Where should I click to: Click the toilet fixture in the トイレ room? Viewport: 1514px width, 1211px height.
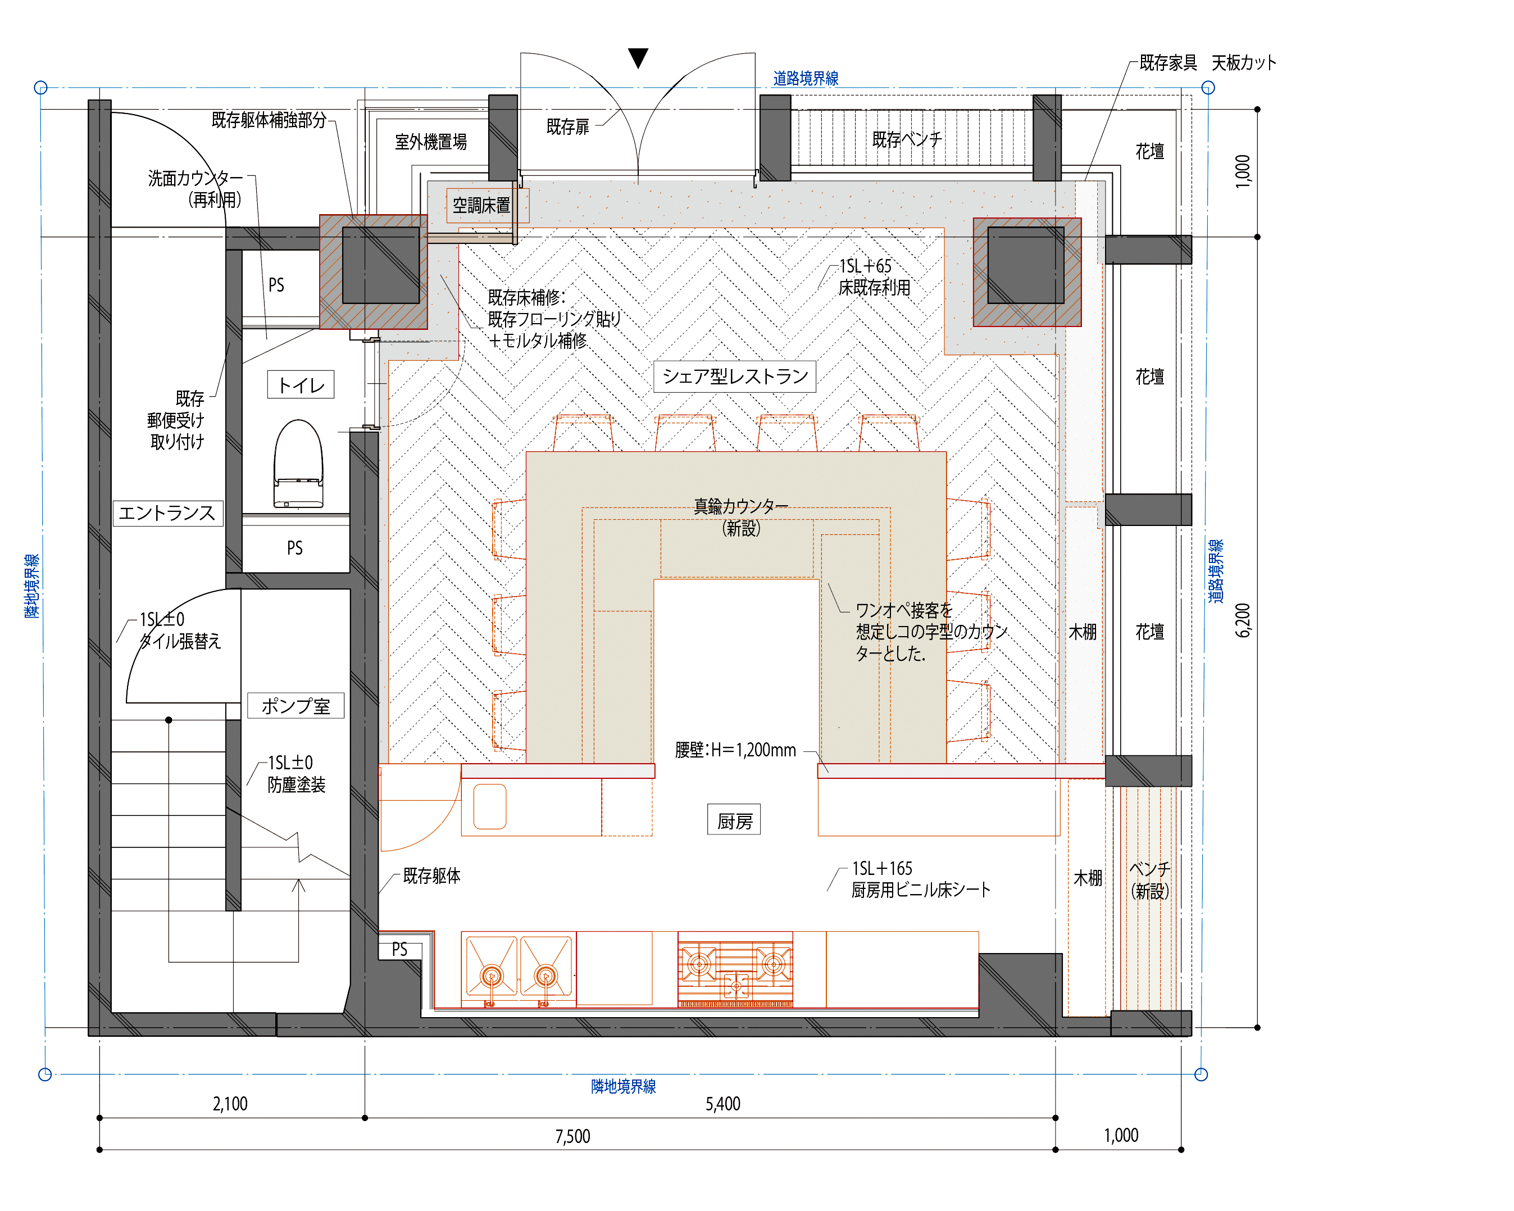(x=298, y=464)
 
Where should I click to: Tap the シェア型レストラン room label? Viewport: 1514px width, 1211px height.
(x=735, y=377)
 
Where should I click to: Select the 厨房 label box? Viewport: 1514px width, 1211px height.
(x=734, y=820)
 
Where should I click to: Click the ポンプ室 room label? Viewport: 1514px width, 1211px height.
(x=295, y=706)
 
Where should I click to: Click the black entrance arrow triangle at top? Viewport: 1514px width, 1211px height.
(x=638, y=57)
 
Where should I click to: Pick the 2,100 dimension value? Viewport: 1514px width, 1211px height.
(x=230, y=1104)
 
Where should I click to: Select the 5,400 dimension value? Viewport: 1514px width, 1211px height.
(x=722, y=1104)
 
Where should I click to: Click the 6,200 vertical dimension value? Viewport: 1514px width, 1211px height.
(x=1243, y=620)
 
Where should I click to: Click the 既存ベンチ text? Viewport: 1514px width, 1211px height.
(x=907, y=140)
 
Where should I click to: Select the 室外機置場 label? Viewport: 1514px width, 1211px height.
(x=430, y=142)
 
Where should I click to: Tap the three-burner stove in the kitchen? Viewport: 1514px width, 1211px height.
(x=735, y=969)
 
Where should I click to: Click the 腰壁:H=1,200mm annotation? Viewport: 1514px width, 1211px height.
(x=735, y=750)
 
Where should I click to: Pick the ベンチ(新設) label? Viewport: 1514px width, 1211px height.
(x=1149, y=880)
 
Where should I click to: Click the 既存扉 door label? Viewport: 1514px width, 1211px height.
(x=567, y=127)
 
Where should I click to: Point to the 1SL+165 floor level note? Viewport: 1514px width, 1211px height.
(x=882, y=869)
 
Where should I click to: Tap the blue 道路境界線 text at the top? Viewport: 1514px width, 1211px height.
(x=806, y=79)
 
